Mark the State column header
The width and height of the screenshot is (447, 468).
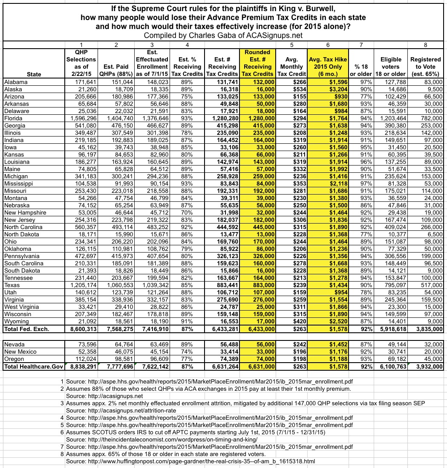click(34, 74)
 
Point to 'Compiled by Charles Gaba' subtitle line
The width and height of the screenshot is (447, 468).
click(223, 35)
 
